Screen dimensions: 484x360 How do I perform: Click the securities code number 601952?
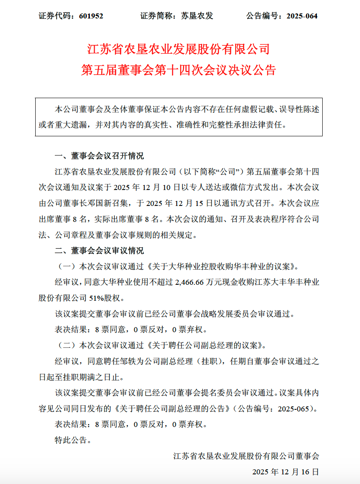point(89,16)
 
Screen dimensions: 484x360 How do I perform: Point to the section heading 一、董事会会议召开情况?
point(99,156)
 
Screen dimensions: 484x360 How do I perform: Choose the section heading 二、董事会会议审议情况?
point(99,251)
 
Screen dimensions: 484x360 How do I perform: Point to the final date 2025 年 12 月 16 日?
point(285,472)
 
